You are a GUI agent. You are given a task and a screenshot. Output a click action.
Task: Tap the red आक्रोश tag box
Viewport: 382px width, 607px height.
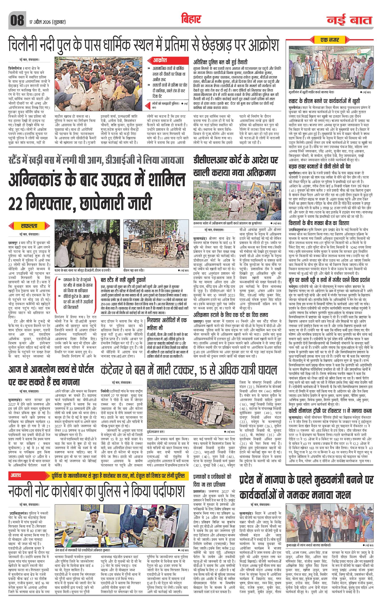click(x=160, y=60)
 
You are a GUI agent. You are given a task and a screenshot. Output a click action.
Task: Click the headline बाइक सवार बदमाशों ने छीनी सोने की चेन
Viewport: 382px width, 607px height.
click(x=323, y=167)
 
